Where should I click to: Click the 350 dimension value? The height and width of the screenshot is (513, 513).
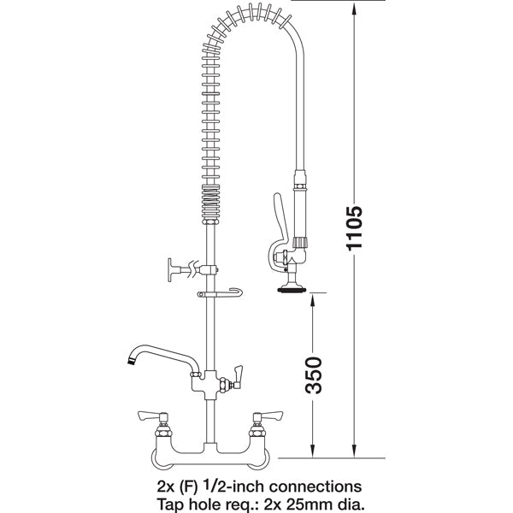tap(314, 374)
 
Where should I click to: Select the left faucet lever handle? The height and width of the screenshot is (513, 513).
tap(154, 416)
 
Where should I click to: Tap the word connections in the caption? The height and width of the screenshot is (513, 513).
tap(299, 486)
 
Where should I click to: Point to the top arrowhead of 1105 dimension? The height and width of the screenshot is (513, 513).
tap(354, 7)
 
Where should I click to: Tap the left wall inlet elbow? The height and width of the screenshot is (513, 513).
tap(162, 460)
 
